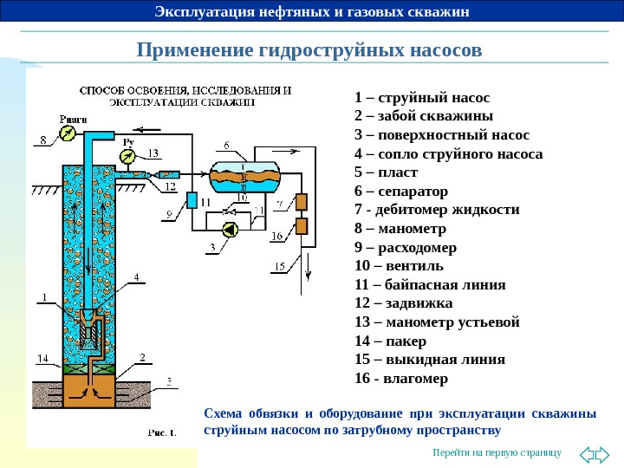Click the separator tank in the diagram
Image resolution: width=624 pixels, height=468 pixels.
[x=245, y=176]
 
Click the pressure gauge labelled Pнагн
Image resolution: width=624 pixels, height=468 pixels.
[x=68, y=133]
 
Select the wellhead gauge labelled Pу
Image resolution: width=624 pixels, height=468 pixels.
[x=129, y=156]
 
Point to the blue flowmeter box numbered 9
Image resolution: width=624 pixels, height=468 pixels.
[x=192, y=200]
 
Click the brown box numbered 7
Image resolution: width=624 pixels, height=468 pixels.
[x=302, y=201]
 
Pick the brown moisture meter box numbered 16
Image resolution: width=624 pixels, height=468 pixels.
[x=302, y=227]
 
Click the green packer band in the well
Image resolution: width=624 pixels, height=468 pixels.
[x=89, y=367]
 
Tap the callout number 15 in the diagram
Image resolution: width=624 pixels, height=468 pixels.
[x=279, y=266]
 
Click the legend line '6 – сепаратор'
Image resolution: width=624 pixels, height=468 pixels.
[x=401, y=190]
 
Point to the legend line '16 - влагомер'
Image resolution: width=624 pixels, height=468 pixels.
[x=401, y=378]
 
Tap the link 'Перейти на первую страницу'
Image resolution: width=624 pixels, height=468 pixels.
[x=497, y=453]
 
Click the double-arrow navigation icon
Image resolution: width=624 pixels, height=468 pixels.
[x=594, y=453]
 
